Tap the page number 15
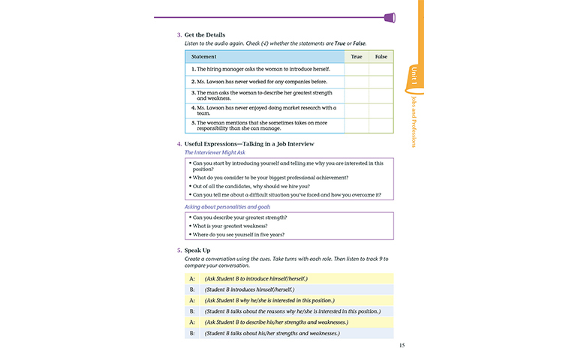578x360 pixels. click(402, 345)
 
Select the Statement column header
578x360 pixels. click(203, 56)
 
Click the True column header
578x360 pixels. click(356, 56)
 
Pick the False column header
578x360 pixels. click(381, 56)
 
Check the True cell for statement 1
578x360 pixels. click(356, 69)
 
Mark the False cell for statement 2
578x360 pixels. click(381, 81)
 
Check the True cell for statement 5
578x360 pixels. click(356, 125)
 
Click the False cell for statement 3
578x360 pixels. click(381, 95)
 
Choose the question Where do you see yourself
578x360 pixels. click(244, 235)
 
